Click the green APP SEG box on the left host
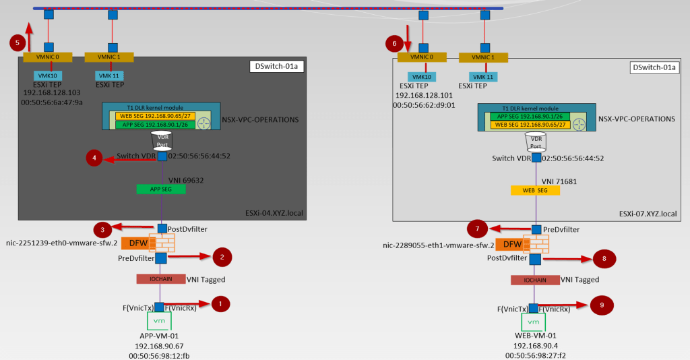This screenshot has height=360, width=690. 161,189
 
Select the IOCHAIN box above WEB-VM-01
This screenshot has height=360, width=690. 534,280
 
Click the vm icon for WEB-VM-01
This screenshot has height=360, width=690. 534,322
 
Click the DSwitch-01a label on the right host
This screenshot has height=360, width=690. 652,67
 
